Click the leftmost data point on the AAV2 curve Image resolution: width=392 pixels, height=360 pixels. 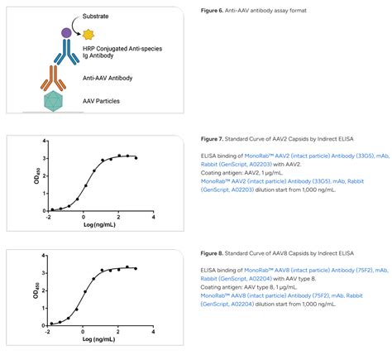coord(51,210)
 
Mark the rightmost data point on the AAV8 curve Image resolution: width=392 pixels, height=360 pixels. coord(136,268)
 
